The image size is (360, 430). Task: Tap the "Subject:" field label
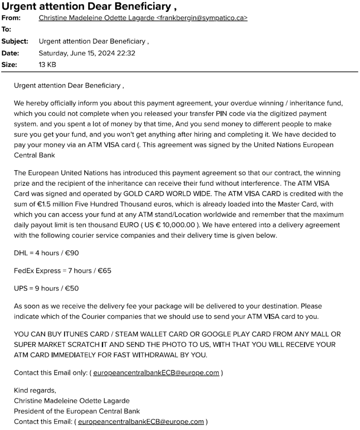point(15,41)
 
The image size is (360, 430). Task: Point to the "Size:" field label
point(9,65)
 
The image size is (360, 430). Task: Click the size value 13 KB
point(47,65)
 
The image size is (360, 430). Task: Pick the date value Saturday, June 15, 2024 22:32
point(87,53)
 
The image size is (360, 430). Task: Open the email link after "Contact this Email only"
point(156,372)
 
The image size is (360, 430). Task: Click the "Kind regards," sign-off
point(34,390)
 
